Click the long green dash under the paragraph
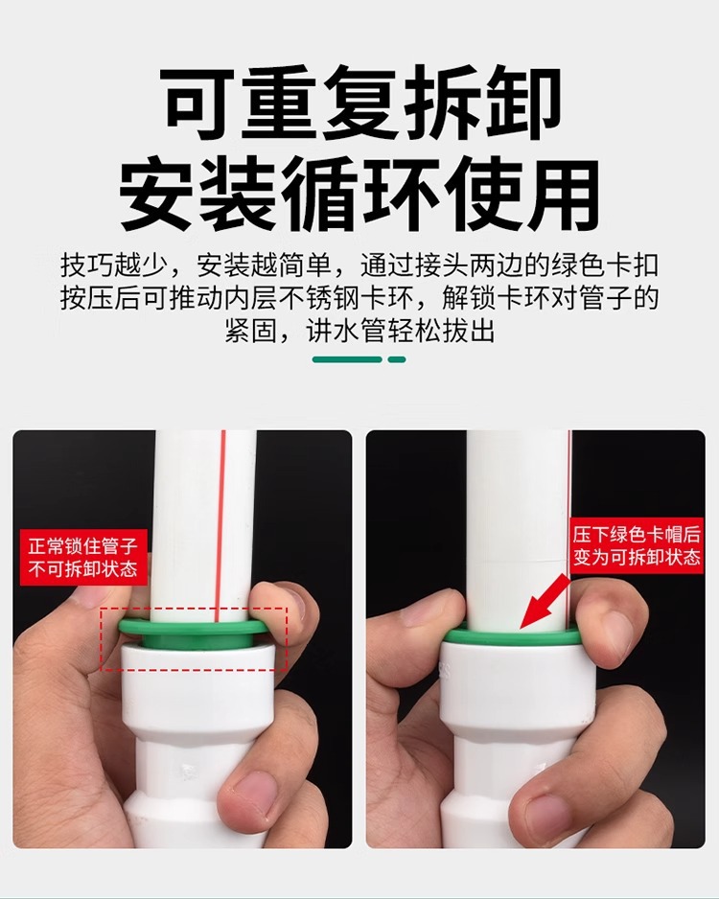347,359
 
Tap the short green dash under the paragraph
397,359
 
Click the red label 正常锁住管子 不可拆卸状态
83,557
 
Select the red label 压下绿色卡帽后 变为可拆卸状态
637,545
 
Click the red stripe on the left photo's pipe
220,526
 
